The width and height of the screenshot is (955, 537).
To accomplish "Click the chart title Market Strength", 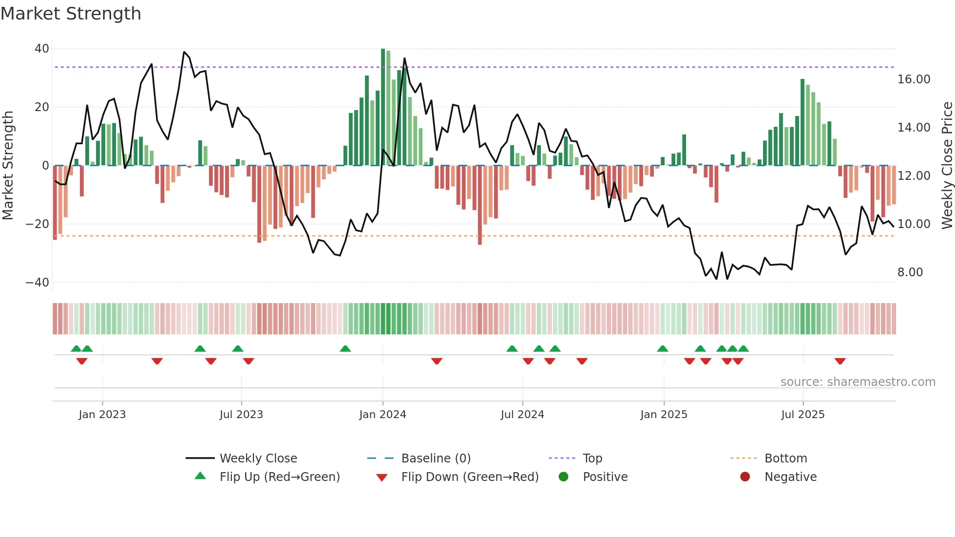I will tap(71, 14).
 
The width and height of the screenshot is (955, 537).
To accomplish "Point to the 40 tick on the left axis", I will tap(42, 49).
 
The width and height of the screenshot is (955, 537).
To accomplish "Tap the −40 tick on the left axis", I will tap(38, 283).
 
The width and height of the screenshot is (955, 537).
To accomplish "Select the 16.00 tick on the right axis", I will tap(914, 79).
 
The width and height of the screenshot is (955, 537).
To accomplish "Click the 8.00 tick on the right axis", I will tap(910, 272).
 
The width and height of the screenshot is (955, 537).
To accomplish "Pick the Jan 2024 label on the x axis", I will tap(382, 415).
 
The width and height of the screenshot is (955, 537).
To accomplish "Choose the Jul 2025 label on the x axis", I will tap(802, 415).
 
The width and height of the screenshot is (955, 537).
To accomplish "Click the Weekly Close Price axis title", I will tap(947, 166).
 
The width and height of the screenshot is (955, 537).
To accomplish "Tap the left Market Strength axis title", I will tap(8, 166).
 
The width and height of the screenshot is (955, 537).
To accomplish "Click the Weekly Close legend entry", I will tap(258, 459).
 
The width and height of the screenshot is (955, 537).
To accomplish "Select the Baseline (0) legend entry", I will tap(436, 459).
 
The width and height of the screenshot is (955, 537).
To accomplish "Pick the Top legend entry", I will tap(592, 459).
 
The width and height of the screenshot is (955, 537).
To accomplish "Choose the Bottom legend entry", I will tap(785, 459).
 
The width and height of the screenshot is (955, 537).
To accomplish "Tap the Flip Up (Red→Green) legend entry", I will tap(279, 477).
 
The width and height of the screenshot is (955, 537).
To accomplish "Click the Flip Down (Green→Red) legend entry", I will tap(470, 477).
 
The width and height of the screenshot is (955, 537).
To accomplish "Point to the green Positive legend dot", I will tap(564, 477).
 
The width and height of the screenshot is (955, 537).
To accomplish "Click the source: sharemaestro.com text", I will tap(858, 382).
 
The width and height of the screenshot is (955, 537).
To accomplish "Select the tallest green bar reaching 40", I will tap(383, 107).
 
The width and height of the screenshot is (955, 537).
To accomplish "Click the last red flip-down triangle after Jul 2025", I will tap(840, 361).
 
